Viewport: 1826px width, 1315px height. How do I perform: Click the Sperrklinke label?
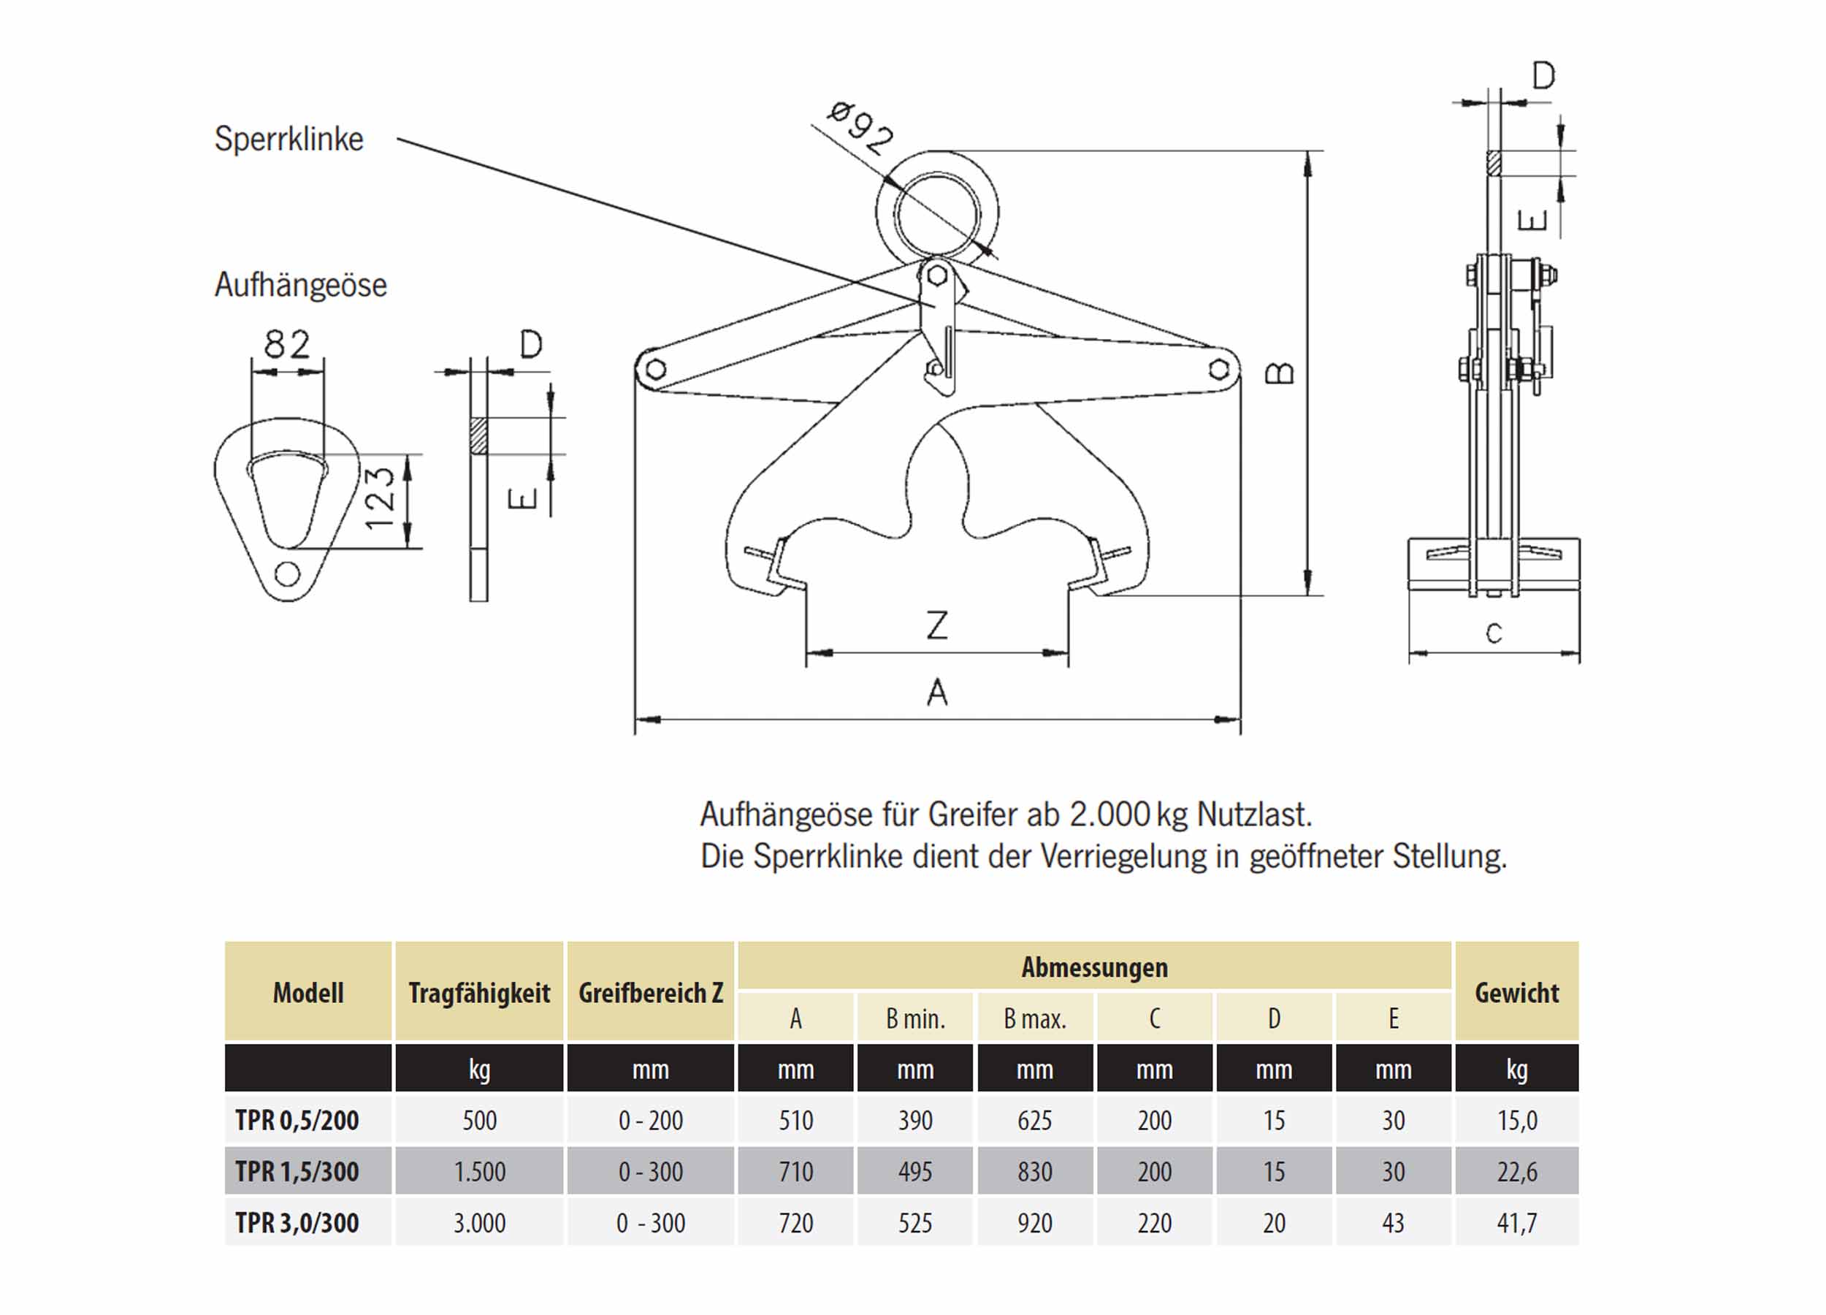point(289,140)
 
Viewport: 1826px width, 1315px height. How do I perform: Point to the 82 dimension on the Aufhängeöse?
point(286,345)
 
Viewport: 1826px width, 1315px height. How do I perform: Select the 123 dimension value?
point(380,498)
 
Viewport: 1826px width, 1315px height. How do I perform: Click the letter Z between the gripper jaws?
point(937,625)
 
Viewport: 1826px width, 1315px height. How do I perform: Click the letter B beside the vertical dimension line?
point(1280,373)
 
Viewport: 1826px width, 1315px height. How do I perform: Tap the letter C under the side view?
point(1494,633)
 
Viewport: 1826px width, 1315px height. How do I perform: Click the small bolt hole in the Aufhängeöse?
point(288,574)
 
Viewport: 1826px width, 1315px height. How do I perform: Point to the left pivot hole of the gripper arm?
point(656,370)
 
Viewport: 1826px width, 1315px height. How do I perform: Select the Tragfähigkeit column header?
point(479,993)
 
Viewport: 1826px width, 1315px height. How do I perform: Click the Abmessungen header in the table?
point(1094,967)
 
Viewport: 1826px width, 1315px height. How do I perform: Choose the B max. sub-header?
point(1034,1019)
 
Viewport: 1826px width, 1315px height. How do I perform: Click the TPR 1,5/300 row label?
point(297,1172)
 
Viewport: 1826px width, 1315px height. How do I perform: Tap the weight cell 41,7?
point(1517,1223)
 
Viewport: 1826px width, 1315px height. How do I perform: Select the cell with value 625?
point(1034,1120)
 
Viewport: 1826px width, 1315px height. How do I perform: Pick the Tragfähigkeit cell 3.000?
point(479,1223)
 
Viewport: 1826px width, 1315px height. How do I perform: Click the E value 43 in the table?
point(1393,1223)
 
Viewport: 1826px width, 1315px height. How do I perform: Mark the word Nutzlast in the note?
point(1253,815)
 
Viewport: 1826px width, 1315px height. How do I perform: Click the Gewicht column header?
point(1517,993)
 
